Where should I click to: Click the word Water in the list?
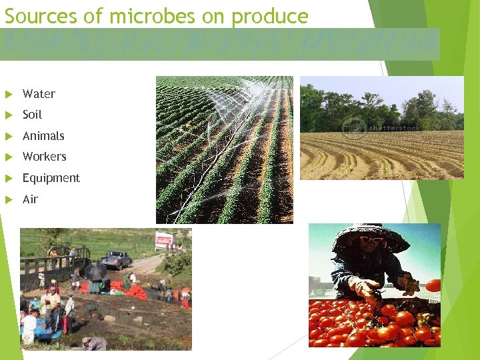pos(39,94)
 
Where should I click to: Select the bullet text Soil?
pos(32,115)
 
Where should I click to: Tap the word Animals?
pos(43,136)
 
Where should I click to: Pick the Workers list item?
pos(44,157)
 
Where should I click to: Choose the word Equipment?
pos(51,178)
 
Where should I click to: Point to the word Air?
pos(30,199)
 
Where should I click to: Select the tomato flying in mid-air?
pos(433,285)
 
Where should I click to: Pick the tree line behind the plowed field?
pos(380,107)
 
